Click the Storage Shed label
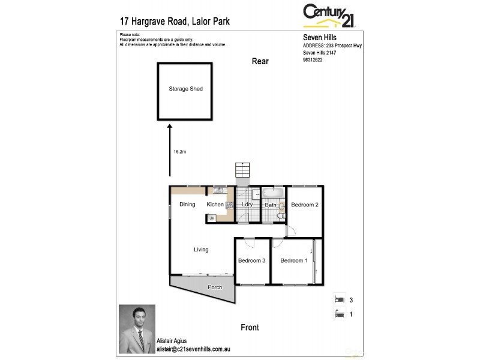pyautogui.click(x=185, y=89)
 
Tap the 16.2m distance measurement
pyautogui.click(x=179, y=152)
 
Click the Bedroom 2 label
pyautogui.click(x=304, y=205)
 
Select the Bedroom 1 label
pyautogui.click(x=294, y=260)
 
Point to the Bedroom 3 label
pyautogui.click(x=251, y=260)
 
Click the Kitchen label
pyautogui.click(x=215, y=205)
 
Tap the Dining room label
pyautogui.click(x=187, y=205)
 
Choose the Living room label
pyautogui.click(x=201, y=250)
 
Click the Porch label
pyautogui.click(x=215, y=287)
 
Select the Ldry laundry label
pyautogui.click(x=247, y=205)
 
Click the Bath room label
pyautogui.click(x=271, y=205)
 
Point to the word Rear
pyautogui.click(x=260, y=61)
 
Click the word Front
pyautogui.click(x=250, y=328)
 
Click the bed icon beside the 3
pyautogui.click(x=340, y=299)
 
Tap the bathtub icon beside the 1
pyautogui.click(x=340, y=313)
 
